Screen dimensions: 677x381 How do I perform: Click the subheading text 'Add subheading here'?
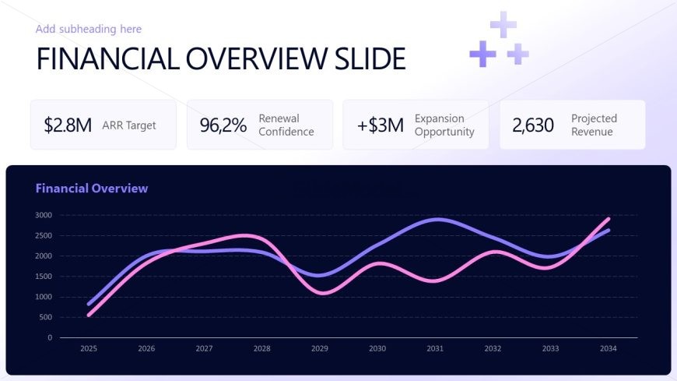point(89,29)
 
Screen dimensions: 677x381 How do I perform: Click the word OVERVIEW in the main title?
point(257,58)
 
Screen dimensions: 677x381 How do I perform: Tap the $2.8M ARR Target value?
point(68,125)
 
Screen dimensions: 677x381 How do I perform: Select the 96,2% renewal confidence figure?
point(223,125)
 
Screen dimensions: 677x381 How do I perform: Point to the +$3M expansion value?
point(381,125)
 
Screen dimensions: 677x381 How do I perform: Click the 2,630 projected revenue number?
point(533,125)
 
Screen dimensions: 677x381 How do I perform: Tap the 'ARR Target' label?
point(129,125)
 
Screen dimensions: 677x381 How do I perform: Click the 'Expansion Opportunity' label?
point(444,125)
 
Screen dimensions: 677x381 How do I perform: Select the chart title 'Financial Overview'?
point(92,188)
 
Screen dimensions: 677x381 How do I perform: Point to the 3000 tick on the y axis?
point(44,215)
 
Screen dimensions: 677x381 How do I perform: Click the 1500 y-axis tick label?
point(44,277)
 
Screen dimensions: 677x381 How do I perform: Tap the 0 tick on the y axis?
point(50,337)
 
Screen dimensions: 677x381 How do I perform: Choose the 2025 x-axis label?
point(89,348)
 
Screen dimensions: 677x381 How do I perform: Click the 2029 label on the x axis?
point(320,348)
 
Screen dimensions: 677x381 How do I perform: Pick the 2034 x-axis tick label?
point(609,348)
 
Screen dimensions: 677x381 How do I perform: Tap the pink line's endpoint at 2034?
point(609,219)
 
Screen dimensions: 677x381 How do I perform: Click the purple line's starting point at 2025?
point(89,304)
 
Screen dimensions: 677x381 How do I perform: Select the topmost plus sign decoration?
point(503,25)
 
